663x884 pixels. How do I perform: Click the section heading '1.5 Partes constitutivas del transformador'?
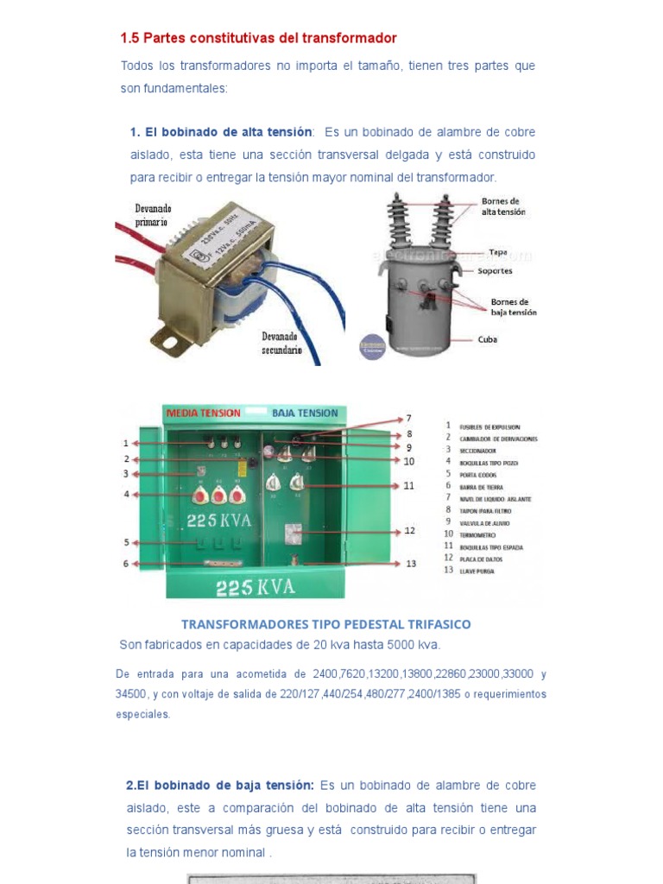[258, 38]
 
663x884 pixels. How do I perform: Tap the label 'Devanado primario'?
[154, 215]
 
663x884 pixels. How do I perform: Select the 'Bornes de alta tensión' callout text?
[502, 206]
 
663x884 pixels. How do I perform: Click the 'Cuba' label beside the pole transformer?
[488, 339]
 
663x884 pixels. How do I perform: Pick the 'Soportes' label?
[495, 270]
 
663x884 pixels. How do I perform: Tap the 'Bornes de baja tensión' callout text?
[513, 307]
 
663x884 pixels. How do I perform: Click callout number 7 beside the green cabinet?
[409, 418]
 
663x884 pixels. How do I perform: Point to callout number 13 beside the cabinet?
[411, 564]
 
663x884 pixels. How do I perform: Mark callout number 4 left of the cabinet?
[126, 494]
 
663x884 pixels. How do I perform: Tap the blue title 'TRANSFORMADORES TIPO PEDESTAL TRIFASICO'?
[326, 623]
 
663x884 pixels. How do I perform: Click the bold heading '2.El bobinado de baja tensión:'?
[220, 786]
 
